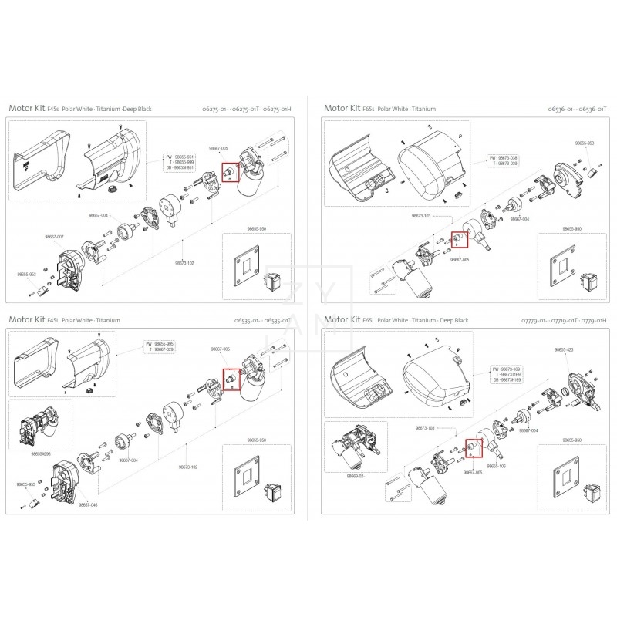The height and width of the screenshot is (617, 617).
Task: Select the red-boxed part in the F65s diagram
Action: coord(457,240)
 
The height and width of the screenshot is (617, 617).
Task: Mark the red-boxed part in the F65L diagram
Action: coord(470,448)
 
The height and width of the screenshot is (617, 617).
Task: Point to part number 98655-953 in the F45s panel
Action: coord(26,274)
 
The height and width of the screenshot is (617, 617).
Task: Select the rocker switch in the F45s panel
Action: coord(272,282)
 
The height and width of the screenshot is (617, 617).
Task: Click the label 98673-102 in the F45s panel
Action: coord(184,263)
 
